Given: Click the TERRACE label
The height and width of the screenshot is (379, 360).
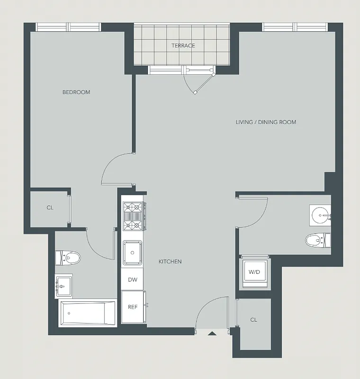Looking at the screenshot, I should (x=183, y=45).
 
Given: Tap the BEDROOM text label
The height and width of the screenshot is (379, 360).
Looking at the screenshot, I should (x=76, y=92).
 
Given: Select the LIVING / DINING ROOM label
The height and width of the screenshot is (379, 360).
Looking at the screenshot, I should (x=266, y=122).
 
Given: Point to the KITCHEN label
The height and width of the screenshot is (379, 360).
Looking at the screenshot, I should (x=170, y=262).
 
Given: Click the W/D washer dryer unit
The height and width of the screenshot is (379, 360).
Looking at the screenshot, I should (x=254, y=272).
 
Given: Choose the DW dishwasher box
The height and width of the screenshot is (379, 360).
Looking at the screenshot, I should (x=133, y=280).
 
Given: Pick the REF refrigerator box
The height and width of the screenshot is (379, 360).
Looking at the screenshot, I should (x=133, y=307).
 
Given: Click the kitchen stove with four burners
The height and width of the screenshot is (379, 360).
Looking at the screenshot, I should (x=133, y=216).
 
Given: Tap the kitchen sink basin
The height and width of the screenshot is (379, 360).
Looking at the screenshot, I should (x=133, y=251).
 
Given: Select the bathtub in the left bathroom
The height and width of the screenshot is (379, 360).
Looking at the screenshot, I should (x=87, y=313).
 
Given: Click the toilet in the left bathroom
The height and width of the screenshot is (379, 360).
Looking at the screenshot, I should (x=69, y=258).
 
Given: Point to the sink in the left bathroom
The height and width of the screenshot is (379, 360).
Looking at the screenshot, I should (x=63, y=286).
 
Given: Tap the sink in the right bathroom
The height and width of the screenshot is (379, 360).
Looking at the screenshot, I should (x=321, y=216).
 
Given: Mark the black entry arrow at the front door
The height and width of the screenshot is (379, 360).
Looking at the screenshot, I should (x=212, y=334).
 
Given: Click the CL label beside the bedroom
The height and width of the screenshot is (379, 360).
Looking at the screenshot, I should (x=50, y=208).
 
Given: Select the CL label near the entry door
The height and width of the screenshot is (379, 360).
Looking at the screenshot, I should (x=253, y=320).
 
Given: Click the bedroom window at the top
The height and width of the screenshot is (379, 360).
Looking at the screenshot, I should (x=69, y=27).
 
